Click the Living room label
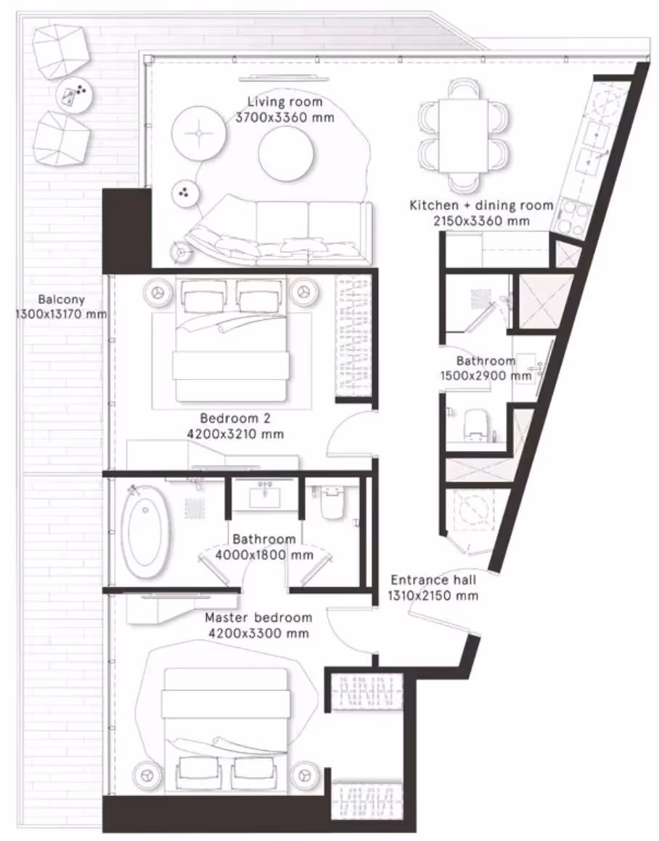(x=285, y=102)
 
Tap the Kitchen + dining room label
(x=481, y=206)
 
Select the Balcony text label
(x=61, y=300)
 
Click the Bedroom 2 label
(x=235, y=418)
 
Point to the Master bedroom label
(x=258, y=617)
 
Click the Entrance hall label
(x=433, y=580)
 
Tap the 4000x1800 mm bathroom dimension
(x=263, y=555)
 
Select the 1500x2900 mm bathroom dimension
(x=486, y=376)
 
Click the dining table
(x=464, y=137)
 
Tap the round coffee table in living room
(x=286, y=153)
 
